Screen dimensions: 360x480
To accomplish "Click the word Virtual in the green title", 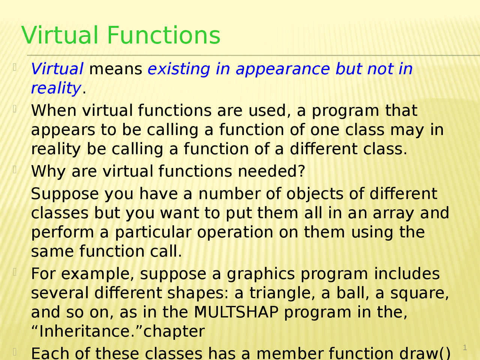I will tap(60, 35).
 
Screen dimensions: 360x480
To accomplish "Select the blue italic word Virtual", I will tap(57, 69).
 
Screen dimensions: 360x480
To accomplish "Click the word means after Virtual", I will tap(116, 69).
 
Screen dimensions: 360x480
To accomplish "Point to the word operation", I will tap(235, 233).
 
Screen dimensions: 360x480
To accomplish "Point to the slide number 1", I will tap(465, 348).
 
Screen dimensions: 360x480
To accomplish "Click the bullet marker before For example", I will tap(15, 272).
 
